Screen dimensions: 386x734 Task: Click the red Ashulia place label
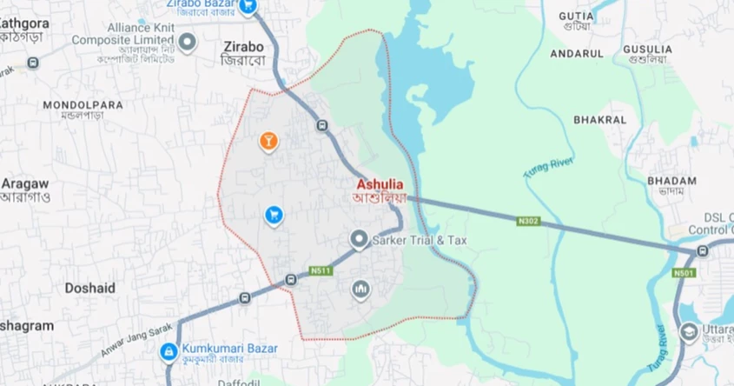coord(386,185)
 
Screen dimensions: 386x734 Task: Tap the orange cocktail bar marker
coord(269,140)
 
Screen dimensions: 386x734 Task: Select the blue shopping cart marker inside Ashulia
coord(274,214)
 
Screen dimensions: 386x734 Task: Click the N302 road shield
coord(528,221)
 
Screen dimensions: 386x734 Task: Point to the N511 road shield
coord(321,270)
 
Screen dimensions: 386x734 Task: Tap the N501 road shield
coord(683,274)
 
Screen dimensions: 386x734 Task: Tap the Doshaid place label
coord(90,287)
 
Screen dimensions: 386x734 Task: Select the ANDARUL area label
coord(577,53)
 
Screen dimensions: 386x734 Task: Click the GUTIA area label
coord(577,16)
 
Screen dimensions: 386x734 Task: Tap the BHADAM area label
coord(672,181)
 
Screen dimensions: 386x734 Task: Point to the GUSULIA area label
coord(646,50)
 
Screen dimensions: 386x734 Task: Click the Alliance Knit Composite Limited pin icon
coord(188,41)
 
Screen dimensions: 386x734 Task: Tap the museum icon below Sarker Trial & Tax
coord(360,289)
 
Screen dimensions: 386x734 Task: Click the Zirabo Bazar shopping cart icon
coord(248,7)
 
